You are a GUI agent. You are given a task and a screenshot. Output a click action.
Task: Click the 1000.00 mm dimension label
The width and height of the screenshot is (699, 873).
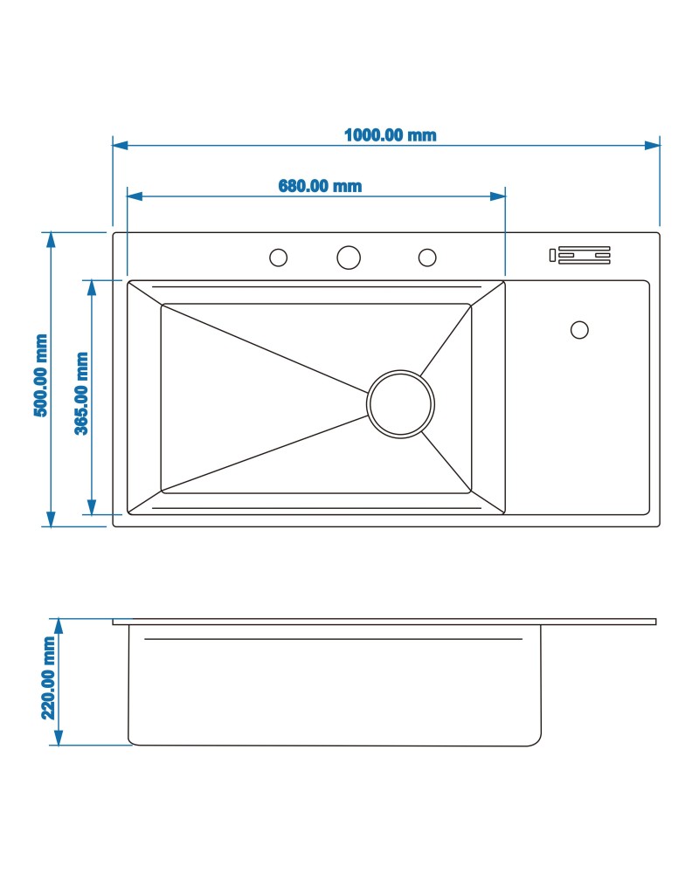pyautogui.click(x=391, y=135)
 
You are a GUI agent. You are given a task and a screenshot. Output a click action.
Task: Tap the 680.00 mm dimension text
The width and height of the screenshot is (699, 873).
pyautogui.click(x=320, y=186)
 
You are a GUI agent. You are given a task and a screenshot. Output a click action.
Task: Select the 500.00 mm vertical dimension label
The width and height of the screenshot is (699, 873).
pyautogui.click(x=41, y=375)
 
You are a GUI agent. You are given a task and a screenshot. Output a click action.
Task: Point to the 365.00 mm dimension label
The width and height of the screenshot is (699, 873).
pyautogui.click(x=81, y=393)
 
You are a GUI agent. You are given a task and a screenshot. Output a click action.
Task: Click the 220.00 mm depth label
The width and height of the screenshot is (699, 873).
pyautogui.click(x=48, y=678)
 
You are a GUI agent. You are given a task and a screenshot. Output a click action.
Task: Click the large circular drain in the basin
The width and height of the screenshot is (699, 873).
pyautogui.click(x=400, y=403)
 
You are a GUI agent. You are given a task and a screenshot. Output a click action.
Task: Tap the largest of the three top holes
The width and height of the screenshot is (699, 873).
pyautogui.click(x=349, y=258)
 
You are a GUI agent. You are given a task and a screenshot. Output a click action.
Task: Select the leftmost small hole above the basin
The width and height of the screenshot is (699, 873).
pyautogui.click(x=278, y=258)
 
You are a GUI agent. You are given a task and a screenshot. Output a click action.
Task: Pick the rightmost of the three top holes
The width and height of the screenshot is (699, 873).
pyautogui.click(x=427, y=258)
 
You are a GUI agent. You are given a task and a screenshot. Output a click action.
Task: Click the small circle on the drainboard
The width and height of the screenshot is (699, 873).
pyautogui.click(x=579, y=330)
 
